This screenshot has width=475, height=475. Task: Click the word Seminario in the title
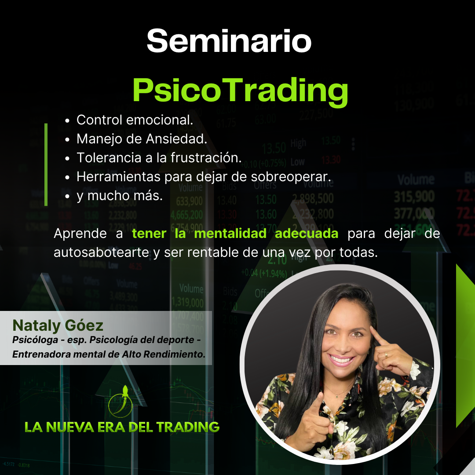[x=229, y=41]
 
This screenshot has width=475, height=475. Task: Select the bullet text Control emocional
[x=135, y=120]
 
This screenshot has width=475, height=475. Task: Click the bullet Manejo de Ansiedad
[x=141, y=139]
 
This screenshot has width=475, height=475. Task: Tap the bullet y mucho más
[x=119, y=196]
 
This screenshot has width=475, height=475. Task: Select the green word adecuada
[x=306, y=233]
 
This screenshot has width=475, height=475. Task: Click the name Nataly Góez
[x=58, y=325]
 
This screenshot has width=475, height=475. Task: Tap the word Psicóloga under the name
[x=32, y=340]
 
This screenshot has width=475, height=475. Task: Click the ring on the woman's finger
[x=386, y=354]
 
